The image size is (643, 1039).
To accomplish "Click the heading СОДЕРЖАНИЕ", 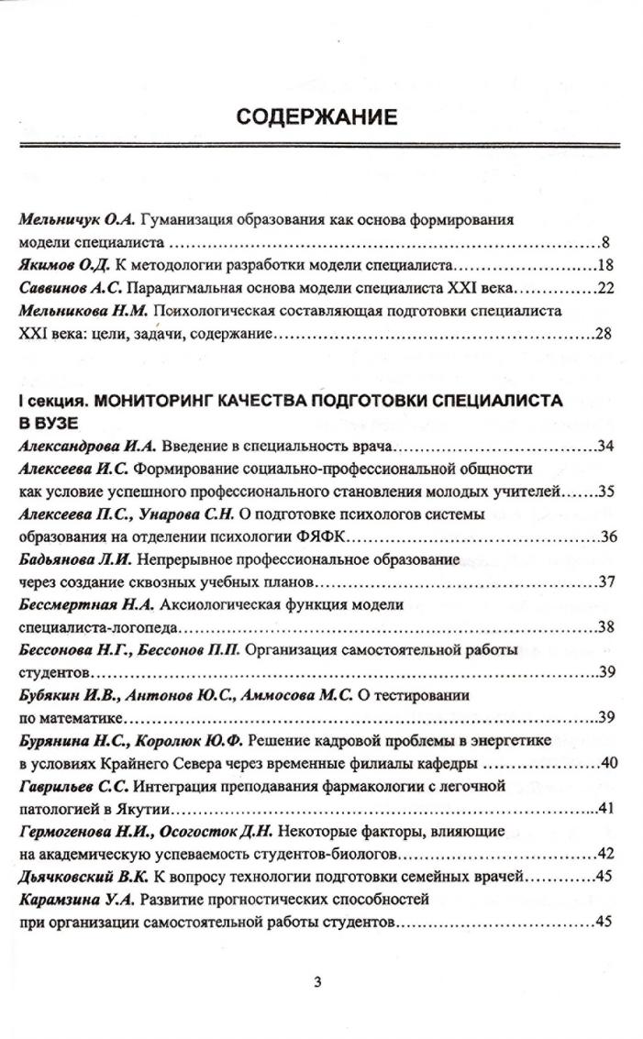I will tap(316, 116).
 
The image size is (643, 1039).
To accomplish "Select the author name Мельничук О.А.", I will tap(76, 221).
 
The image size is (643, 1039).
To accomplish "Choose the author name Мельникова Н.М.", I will tap(83, 311).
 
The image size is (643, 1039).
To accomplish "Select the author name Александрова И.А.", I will tap(89, 448).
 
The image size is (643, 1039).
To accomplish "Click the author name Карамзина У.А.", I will tap(77, 899).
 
